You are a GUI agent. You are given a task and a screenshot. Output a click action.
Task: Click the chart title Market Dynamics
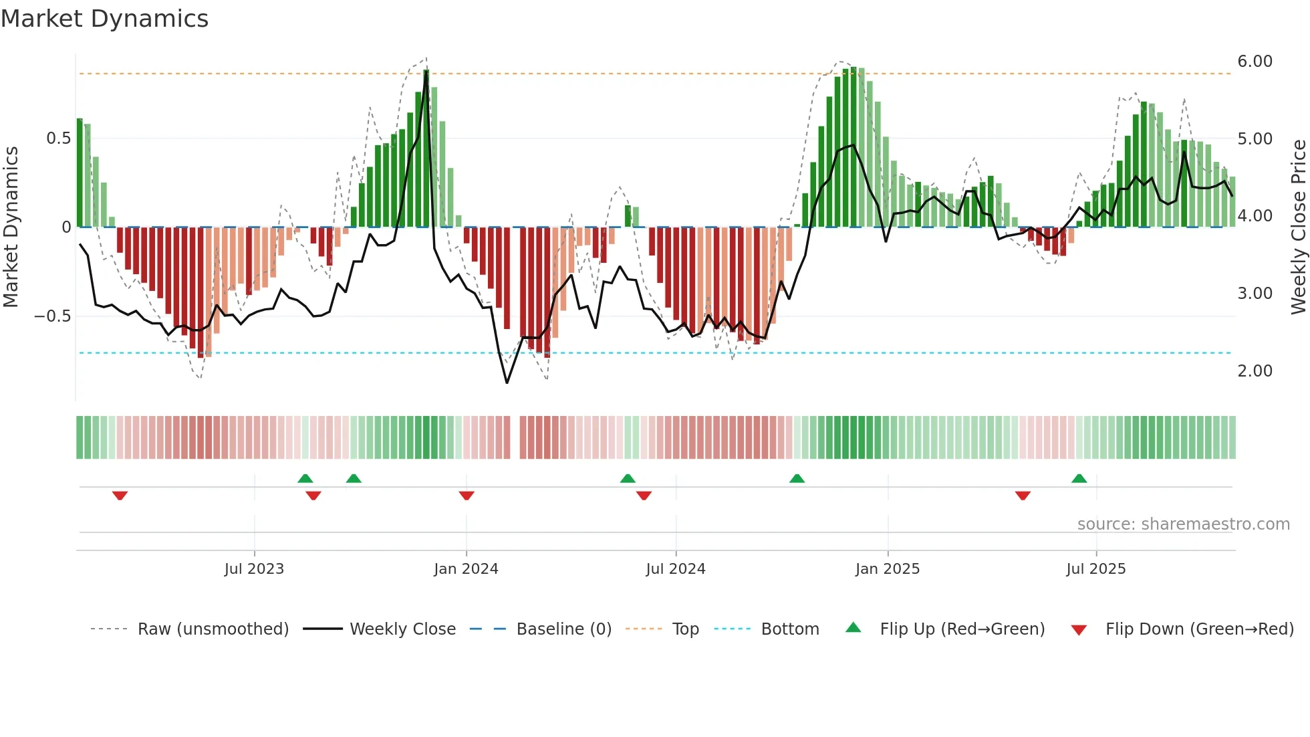(104, 19)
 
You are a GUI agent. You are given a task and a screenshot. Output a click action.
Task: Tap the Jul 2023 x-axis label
(254, 569)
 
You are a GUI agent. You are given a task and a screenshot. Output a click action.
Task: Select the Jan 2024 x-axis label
(466, 569)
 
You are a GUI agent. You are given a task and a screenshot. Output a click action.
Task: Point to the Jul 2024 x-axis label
(675, 569)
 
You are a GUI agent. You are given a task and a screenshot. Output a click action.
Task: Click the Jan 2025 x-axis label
(887, 569)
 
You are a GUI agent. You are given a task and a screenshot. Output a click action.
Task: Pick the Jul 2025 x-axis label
(1095, 569)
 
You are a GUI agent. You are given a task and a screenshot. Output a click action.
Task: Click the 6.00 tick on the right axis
(1255, 62)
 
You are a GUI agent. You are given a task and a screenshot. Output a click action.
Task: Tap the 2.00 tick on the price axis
(1255, 371)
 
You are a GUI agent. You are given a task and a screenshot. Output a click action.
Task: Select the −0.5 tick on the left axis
(53, 316)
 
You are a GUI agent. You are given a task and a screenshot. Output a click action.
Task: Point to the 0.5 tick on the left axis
(58, 138)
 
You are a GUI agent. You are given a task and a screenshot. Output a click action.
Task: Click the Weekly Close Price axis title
(1298, 227)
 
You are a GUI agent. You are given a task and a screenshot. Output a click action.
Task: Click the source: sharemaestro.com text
(1183, 524)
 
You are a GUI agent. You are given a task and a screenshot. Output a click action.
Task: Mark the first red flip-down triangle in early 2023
(120, 496)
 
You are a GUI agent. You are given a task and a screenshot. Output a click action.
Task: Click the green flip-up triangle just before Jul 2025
(1079, 478)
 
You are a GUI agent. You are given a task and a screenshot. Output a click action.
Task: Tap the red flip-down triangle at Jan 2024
(467, 496)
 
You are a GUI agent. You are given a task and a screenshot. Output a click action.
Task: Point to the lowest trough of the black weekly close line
(507, 383)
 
